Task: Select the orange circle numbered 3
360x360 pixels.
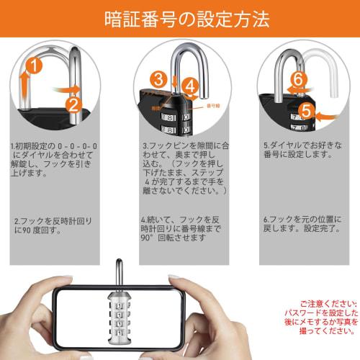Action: coord(161,80)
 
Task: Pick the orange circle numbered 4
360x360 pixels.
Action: coord(189,86)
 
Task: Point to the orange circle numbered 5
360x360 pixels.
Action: coord(305,112)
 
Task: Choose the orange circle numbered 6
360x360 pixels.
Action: coord(299,81)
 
